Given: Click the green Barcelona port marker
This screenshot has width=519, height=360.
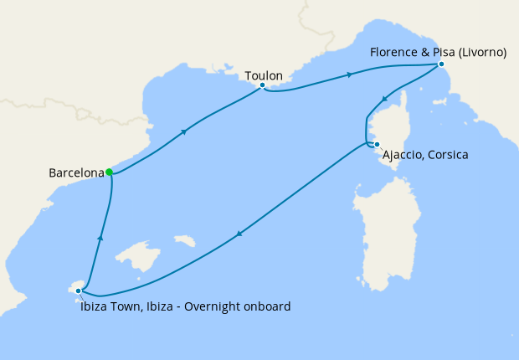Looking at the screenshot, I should [110, 172].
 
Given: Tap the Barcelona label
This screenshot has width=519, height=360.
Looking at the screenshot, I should [76, 173].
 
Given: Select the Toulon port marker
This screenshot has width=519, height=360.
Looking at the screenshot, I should [263, 85].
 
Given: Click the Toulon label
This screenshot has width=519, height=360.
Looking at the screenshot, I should [264, 76].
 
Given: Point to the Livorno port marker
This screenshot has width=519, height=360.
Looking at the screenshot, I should [441, 64].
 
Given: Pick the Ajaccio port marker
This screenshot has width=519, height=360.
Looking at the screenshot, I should [377, 145].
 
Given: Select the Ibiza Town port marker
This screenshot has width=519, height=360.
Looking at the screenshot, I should [79, 291].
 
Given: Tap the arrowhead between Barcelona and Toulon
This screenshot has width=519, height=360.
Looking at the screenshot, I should [182, 131].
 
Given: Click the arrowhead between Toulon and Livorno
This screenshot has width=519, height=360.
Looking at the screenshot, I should [347, 75].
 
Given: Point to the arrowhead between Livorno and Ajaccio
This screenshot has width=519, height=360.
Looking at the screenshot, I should [384, 100].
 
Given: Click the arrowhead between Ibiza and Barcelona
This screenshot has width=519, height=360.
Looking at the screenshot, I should [100, 239].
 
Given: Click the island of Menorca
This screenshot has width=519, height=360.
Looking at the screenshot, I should [184, 241].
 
